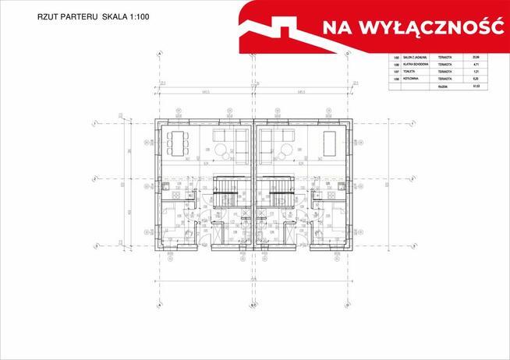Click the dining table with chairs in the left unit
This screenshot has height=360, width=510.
coord(176,143)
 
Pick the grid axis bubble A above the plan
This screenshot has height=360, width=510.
coord(160,55)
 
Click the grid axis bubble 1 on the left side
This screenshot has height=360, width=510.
coord(94,123)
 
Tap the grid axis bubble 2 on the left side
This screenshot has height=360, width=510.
coord(94,179)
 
